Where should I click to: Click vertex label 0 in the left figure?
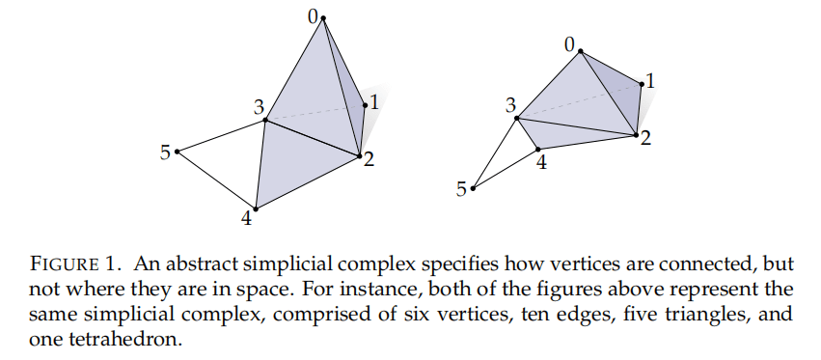[x=313, y=12]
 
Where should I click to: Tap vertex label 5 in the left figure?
[x=165, y=152]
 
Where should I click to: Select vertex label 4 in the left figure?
[x=247, y=220]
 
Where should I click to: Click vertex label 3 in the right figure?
[x=510, y=104]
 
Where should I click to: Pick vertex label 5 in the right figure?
[x=462, y=188]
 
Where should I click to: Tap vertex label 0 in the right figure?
[x=569, y=43]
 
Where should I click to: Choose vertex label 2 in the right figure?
[x=645, y=139]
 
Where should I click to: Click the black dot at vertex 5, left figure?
[x=178, y=151]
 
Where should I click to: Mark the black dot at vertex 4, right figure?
[x=537, y=149]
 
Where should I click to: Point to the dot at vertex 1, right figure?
[x=641, y=83]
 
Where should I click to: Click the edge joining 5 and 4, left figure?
[x=217, y=180]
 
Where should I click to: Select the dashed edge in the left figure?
[x=314, y=114]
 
